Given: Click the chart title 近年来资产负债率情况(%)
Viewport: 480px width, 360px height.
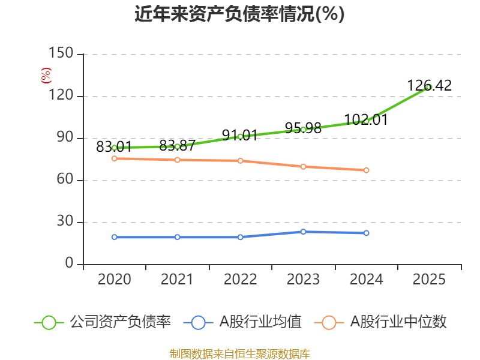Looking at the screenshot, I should point(239,14).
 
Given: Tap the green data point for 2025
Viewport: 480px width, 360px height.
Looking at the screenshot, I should point(429,87).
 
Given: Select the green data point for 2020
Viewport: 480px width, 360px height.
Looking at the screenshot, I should point(114,148).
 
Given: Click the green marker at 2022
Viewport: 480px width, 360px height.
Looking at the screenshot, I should point(240,136).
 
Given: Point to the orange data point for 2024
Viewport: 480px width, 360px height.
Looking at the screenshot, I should point(367,170).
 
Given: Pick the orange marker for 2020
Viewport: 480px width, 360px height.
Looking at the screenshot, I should point(114,158).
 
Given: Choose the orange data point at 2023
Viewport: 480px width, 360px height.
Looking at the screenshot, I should point(304,167).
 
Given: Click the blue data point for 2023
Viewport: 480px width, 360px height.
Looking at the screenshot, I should point(304,232).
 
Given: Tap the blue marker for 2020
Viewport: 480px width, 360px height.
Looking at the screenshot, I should point(114,237).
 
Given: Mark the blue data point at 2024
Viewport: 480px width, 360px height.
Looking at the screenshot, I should point(367,233).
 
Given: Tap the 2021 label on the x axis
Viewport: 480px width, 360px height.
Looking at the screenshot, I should point(177,280).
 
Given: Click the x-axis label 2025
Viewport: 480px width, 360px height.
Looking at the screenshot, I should point(430,280).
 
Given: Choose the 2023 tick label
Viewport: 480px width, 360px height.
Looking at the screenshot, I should point(304,280).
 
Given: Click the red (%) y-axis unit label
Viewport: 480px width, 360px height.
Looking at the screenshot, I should point(46,76).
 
